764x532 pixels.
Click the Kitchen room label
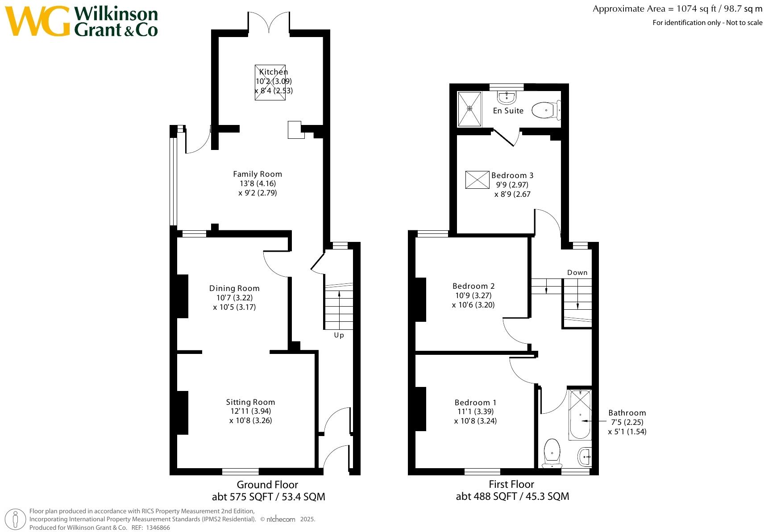(273, 72)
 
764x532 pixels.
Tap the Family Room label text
(257, 174)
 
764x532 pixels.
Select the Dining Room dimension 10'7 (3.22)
(234, 298)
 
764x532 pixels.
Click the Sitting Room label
(250, 402)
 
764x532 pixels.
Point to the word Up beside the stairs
(339, 335)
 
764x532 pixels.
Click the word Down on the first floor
(577, 272)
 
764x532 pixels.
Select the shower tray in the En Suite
(469, 108)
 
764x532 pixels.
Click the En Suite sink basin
(507, 97)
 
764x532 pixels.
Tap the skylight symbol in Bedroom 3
(477, 180)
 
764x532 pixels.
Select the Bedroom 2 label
(473, 286)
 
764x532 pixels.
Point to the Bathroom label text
(627, 413)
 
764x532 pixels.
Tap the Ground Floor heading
(267, 485)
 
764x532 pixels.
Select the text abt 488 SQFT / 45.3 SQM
(512, 496)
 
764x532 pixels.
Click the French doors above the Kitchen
(269, 22)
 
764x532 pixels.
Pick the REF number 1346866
(158, 528)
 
